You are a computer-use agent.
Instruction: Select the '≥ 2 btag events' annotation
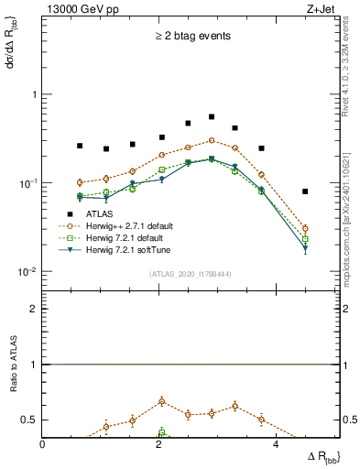pos(191,37)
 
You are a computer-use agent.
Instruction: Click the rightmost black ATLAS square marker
pos(305,191)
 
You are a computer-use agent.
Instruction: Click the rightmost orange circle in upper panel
pos(305,228)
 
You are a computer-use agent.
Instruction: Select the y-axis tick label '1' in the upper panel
pos(34,94)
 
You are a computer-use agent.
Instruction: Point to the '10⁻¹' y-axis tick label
pos(27,183)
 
